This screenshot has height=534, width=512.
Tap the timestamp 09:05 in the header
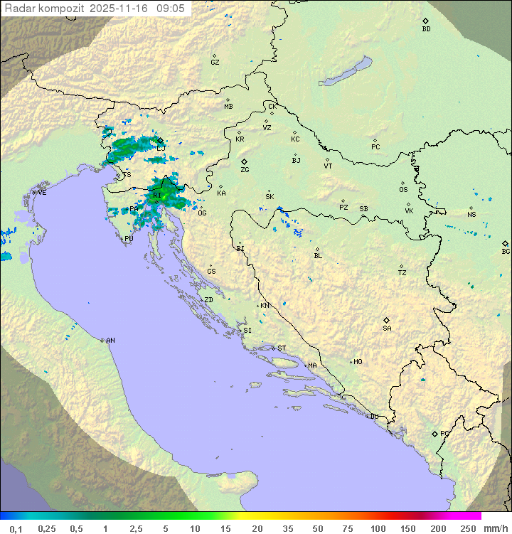(x=172, y=9)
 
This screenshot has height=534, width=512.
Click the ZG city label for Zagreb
(x=245, y=170)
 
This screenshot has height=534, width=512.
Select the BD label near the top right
(x=426, y=29)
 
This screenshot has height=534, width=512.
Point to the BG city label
(x=506, y=251)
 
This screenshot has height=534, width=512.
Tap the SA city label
(x=387, y=328)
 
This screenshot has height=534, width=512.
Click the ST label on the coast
(x=282, y=348)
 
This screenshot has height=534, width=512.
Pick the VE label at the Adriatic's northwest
(x=42, y=193)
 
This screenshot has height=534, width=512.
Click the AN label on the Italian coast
(x=110, y=341)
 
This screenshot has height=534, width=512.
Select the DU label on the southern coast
(x=373, y=417)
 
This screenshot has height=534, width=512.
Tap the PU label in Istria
(x=129, y=239)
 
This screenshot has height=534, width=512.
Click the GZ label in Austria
(x=215, y=62)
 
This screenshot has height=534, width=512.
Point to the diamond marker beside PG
(x=434, y=433)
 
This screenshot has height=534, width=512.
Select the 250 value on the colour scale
(x=467, y=528)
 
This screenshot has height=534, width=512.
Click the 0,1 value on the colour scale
(x=15, y=528)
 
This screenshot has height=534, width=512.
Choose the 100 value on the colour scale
(x=378, y=528)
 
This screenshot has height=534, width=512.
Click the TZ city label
(x=402, y=272)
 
